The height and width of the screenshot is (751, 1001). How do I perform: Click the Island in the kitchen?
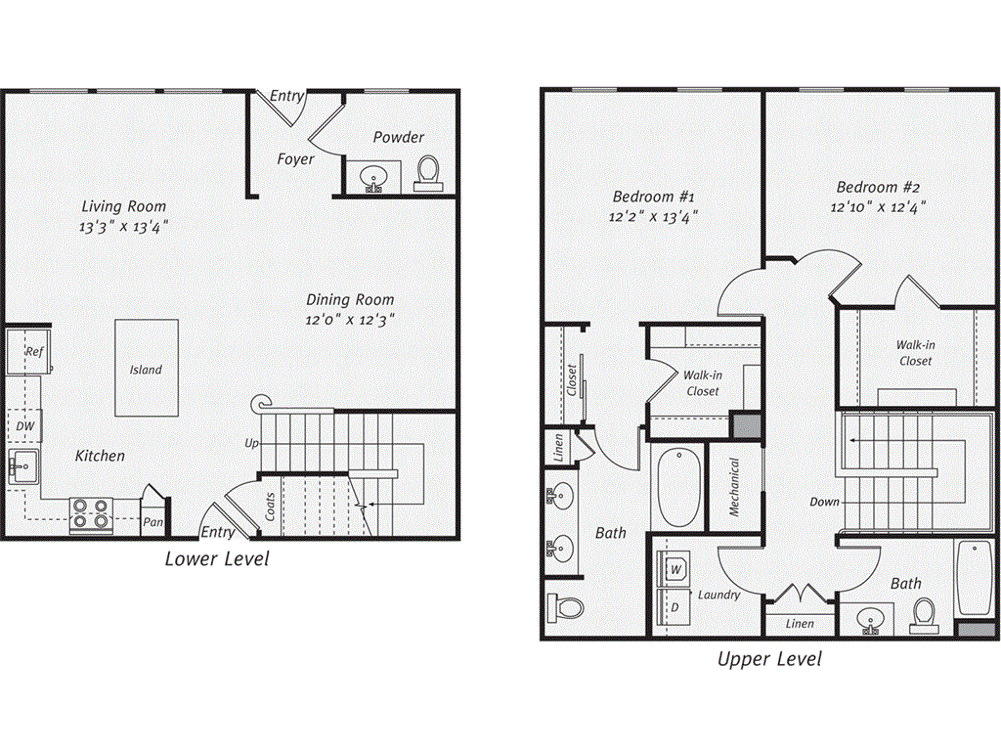pyautogui.click(x=147, y=369)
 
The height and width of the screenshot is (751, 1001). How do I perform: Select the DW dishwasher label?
pyautogui.click(x=25, y=426)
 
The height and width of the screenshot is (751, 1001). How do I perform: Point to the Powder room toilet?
pyautogui.click(x=426, y=172)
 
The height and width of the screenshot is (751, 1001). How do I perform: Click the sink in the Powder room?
pyautogui.click(x=373, y=178)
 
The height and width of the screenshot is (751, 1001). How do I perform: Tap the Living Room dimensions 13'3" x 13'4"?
pyautogui.click(x=123, y=227)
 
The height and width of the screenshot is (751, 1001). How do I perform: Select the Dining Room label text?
pyautogui.click(x=350, y=300)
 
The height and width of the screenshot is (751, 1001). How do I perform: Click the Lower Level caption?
pyautogui.click(x=216, y=559)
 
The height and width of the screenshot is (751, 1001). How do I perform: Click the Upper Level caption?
pyautogui.click(x=769, y=659)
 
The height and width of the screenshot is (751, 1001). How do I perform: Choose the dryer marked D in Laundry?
pyautogui.click(x=675, y=607)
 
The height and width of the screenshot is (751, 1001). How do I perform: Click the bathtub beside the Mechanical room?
pyautogui.click(x=678, y=487)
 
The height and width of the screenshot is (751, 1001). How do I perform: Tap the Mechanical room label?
pyautogui.click(x=733, y=487)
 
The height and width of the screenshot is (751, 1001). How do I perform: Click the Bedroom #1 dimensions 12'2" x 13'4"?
pyautogui.click(x=653, y=217)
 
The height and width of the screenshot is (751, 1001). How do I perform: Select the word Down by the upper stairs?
pyautogui.click(x=824, y=502)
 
